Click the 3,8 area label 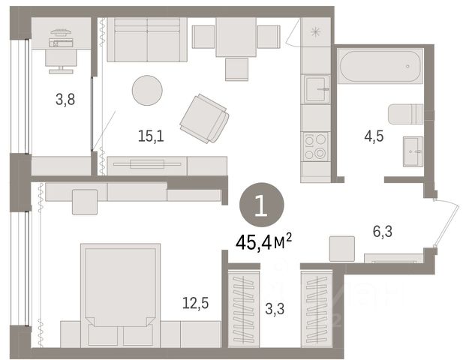point(65,100)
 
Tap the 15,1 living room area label point(151,136)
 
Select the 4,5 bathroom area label point(374,136)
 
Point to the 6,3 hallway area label point(383,231)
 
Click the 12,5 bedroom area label point(195,303)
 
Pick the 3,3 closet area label point(275,309)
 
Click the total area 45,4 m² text point(263,243)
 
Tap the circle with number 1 point(262,205)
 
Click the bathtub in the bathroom point(380,67)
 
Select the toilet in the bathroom point(405,114)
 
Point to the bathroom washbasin point(413,151)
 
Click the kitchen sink point(317,88)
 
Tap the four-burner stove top point(316,147)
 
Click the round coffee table point(147,90)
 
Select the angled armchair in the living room point(205,118)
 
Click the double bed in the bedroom point(121,295)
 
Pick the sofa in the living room point(147,40)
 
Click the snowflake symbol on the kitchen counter point(316,31)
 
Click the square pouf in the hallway point(342,249)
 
